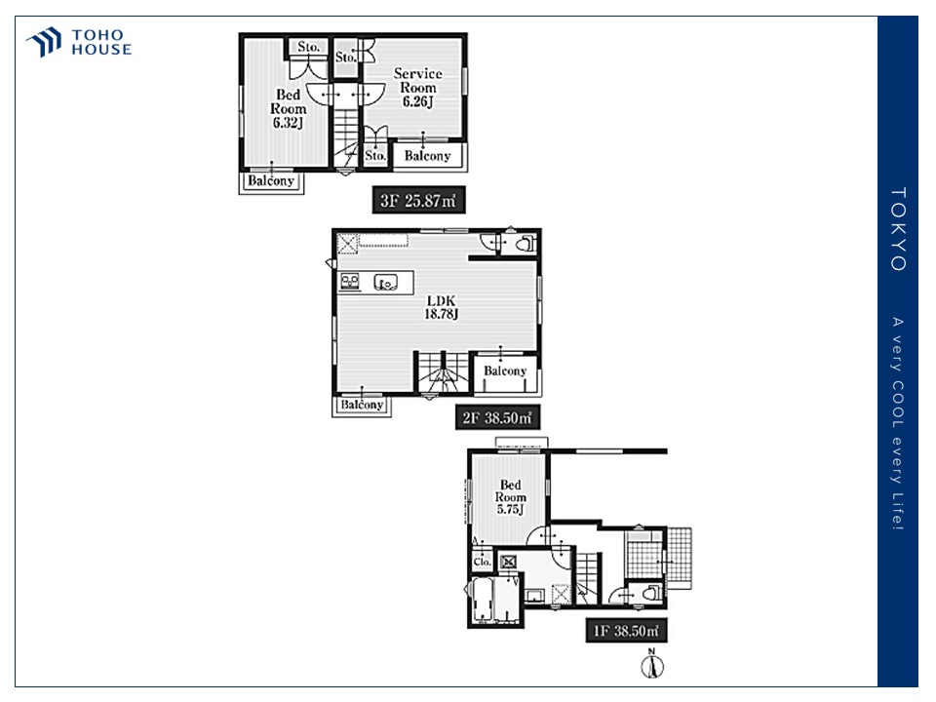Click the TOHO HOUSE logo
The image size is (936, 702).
point(79,42)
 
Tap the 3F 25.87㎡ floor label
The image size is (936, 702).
point(418,201)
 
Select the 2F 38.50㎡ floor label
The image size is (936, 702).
point(497,417)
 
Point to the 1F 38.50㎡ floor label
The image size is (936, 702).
point(626,631)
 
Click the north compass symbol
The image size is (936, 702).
point(652,664)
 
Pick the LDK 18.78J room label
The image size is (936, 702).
point(441,307)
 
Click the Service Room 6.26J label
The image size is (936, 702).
point(418,87)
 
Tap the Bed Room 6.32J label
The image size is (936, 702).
point(289,108)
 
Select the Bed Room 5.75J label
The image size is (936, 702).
point(510,496)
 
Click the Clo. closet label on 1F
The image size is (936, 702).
point(482,562)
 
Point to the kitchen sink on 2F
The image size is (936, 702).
point(386,282)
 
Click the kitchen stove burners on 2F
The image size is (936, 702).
point(349,281)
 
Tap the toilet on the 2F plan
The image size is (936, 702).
point(525,244)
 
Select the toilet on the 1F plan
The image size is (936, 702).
point(650,593)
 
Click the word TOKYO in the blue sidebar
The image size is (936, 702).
point(898,229)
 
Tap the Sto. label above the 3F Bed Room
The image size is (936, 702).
point(309,47)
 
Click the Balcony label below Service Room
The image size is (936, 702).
point(427,156)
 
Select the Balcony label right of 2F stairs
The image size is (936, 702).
point(505,370)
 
